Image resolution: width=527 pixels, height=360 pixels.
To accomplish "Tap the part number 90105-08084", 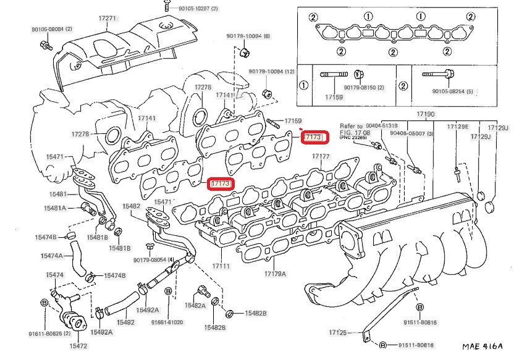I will [x=52, y=29].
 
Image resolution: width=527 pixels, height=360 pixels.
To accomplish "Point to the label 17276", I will [x=203, y=88].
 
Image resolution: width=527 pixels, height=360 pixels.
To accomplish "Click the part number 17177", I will [x=321, y=157].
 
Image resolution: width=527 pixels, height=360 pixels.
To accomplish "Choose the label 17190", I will [x=425, y=115].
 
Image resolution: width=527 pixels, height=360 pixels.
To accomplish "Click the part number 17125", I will [x=338, y=333].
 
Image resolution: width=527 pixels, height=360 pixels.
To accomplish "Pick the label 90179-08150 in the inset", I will [x=365, y=88].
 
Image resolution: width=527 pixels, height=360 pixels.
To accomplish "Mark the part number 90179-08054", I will [x=152, y=259].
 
